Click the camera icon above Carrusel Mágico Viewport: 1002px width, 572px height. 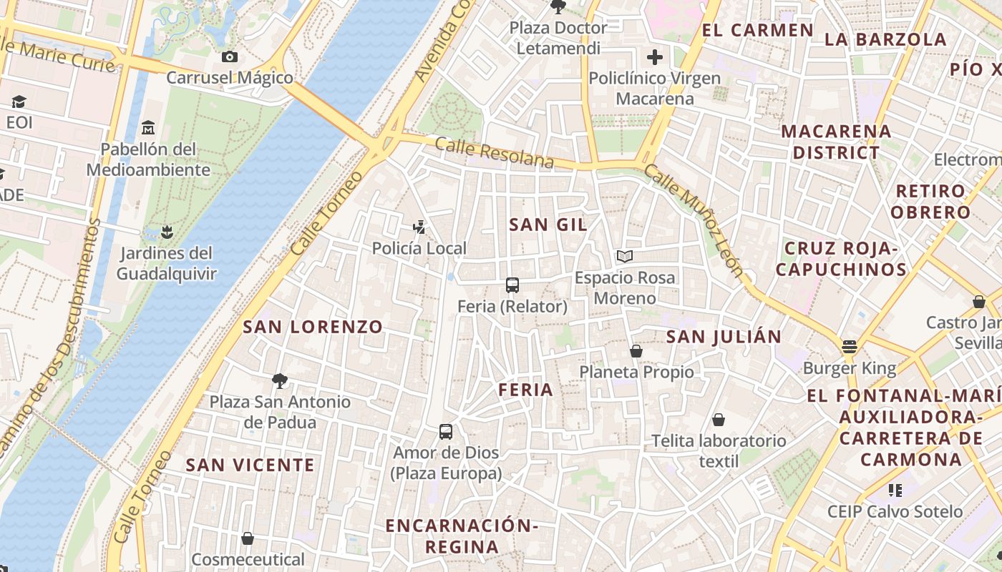tap(230, 57)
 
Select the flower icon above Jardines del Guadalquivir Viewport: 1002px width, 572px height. tap(167, 232)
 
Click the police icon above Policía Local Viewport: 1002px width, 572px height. tap(419, 228)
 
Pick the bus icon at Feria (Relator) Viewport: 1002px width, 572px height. tap(512, 285)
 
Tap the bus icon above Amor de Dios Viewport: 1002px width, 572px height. tap(446, 432)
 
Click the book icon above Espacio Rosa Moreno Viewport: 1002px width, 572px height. tap(625, 256)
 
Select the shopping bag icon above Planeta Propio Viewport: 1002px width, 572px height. tap(636, 351)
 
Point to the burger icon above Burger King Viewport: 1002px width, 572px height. tap(850, 347)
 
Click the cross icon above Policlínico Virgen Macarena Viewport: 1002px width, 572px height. tap(655, 57)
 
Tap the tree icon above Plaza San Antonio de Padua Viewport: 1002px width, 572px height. tap(280, 380)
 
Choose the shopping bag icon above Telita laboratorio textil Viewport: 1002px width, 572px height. tap(719, 420)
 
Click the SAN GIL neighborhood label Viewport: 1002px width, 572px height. tap(548, 225)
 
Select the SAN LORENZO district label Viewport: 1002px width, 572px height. tap(313, 327)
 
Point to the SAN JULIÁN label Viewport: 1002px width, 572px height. tap(724, 337)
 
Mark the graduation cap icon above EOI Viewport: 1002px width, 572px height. tap(19, 102)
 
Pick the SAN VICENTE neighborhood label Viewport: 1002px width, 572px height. tap(250, 465)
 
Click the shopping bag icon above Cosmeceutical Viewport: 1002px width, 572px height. tap(248, 538)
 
